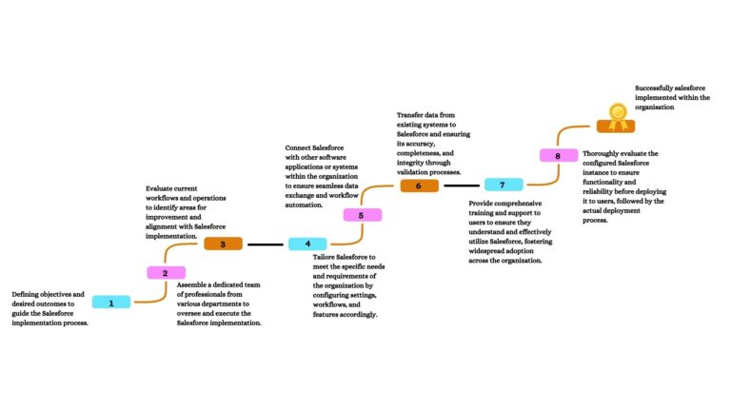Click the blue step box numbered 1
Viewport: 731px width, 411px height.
click(111, 303)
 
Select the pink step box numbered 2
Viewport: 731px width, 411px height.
click(166, 273)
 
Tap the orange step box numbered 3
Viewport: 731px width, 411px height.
click(223, 244)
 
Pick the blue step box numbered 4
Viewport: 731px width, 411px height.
click(307, 245)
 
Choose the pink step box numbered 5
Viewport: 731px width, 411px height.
click(362, 215)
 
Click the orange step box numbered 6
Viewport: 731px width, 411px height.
click(419, 186)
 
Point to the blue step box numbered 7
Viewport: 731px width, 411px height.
click(503, 185)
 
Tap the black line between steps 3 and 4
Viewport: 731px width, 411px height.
click(266, 245)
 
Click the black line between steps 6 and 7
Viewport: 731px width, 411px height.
click(461, 186)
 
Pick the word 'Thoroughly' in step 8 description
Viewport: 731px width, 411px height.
click(604, 153)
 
